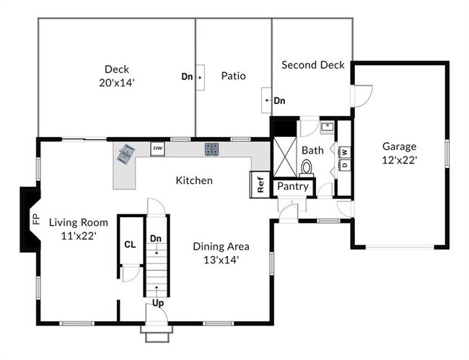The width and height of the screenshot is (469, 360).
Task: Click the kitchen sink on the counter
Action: tap(126, 153)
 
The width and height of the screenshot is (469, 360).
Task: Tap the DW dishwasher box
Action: tap(157, 149)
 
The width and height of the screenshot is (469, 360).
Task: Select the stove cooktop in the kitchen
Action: tap(211, 149)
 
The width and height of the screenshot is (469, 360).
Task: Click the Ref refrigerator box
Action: tap(260, 185)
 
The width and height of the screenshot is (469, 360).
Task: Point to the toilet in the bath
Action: tap(306, 168)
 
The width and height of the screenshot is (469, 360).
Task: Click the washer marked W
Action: tap(345, 152)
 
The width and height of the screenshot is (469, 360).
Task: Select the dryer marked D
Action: tap(345, 164)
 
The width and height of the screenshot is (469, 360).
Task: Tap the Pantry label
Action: tap(293, 186)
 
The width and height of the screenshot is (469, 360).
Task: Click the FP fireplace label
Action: tap(36, 219)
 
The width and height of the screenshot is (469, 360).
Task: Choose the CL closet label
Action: tap(130, 245)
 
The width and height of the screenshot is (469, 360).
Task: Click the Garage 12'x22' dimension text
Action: tap(399, 161)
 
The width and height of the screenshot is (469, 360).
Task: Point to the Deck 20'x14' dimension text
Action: tap(117, 83)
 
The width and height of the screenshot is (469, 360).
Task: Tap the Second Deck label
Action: tap(313, 65)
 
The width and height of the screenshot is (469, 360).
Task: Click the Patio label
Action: tap(233, 76)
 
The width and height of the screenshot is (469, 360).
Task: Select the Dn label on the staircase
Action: tap(156, 239)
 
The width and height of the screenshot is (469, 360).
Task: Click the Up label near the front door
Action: tap(158, 303)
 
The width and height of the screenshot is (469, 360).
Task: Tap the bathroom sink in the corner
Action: tap(327, 127)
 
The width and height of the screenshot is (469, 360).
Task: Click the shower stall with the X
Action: tap(285, 157)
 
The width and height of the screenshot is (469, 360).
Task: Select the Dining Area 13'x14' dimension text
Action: tap(221, 260)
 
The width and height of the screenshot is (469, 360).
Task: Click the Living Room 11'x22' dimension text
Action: tap(79, 236)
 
